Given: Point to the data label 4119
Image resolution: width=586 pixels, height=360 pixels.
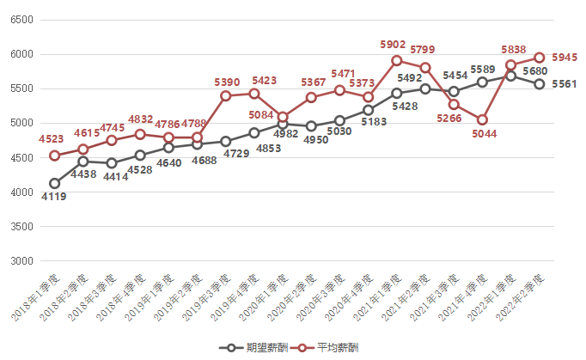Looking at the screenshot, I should (54, 196).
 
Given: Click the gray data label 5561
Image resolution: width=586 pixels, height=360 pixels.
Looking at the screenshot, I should (565, 84).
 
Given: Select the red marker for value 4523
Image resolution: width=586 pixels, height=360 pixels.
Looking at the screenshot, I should (54, 156).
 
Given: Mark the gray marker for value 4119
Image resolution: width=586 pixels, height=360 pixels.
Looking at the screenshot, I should (54, 183).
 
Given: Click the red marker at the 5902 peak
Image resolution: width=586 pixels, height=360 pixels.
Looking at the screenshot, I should (396, 60).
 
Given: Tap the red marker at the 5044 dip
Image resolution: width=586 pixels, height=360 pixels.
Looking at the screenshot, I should (482, 119).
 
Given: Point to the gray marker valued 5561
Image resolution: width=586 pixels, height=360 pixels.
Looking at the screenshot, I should (539, 84).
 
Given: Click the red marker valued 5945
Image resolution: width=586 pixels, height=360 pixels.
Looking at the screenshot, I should (539, 58).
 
